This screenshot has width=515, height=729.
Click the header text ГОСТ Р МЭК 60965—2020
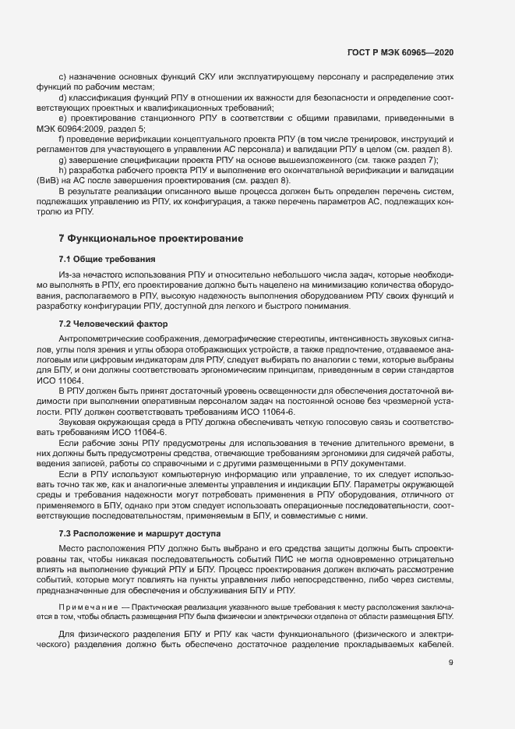coord(400,51)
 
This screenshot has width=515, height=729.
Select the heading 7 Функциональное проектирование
coord(151,237)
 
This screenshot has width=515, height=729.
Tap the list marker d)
coord(63,97)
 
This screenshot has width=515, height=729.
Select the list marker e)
coord(63,118)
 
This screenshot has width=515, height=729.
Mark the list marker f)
coord(62,139)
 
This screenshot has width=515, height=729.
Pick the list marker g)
coord(63,159)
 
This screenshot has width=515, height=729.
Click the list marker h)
coord(63,170)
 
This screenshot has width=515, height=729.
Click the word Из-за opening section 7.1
coord(69,275)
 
